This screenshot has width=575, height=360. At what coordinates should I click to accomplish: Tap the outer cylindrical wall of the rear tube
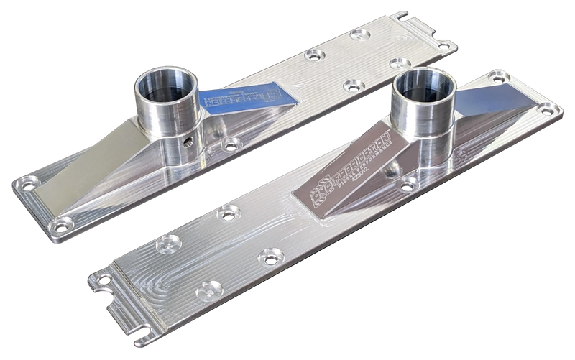(155, 119)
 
